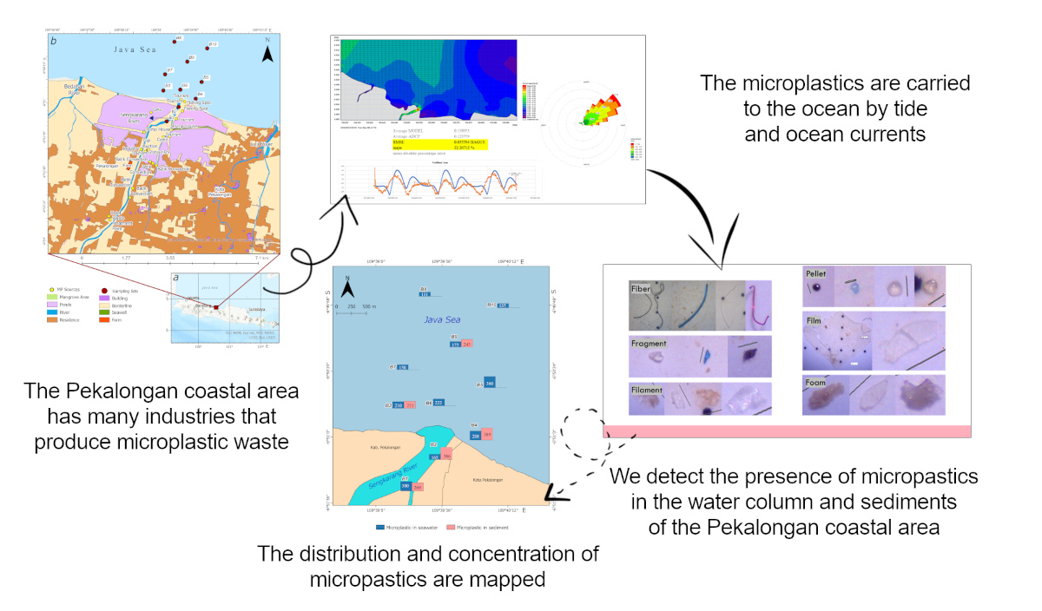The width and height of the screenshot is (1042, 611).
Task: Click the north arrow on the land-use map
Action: [x=268, y=53]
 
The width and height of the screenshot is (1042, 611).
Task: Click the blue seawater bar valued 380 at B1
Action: [x=406, y=487]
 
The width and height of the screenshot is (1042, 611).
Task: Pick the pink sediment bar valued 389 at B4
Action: [x=487, y=435]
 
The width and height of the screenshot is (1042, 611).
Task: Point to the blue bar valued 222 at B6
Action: [x=439, y=403]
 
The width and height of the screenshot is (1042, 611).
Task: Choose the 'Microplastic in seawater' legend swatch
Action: [x=380, y=527]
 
